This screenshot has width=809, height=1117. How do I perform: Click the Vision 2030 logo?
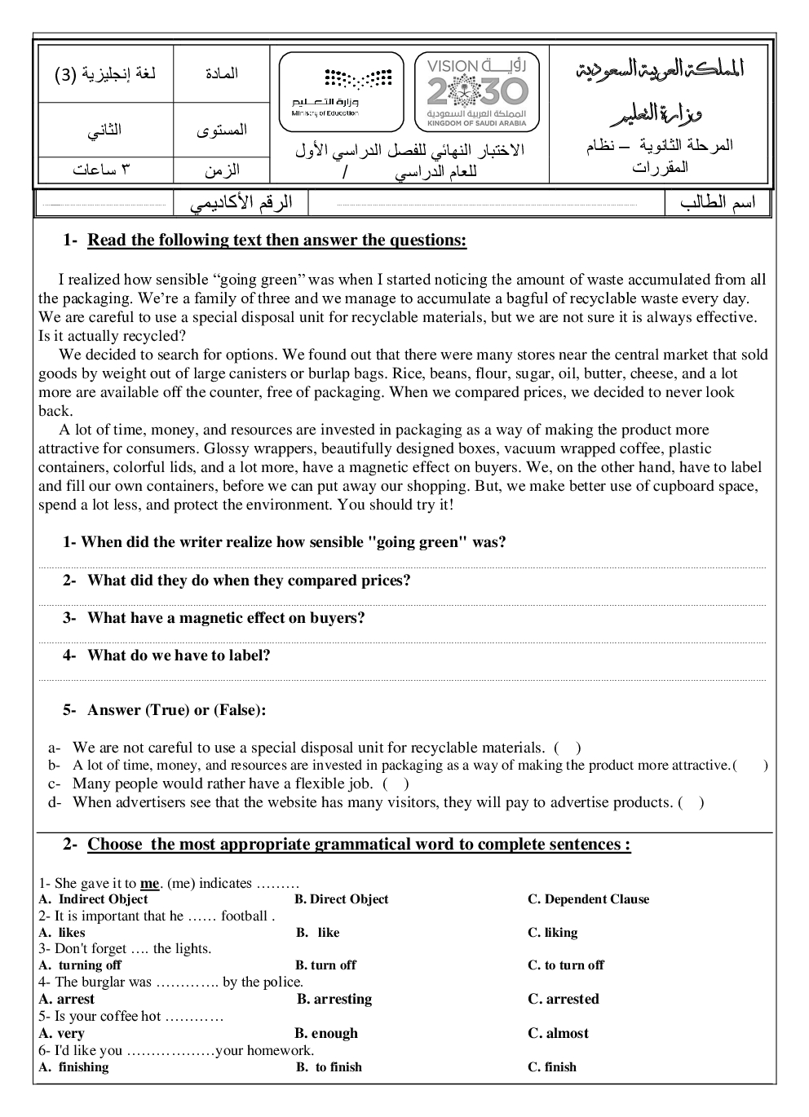[476, 91]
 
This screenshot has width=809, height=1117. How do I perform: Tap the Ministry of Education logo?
[341, 91]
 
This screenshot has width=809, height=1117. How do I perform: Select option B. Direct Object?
[342, 899]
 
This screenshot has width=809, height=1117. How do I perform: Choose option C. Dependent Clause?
[588, 899]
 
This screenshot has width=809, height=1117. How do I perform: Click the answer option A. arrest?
[67, 999]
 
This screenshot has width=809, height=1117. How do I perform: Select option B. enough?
[326, 1033]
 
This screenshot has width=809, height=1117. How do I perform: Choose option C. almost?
[558, 1033]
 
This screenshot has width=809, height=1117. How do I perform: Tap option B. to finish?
[329, 1067]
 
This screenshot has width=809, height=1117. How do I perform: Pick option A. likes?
[62, 933]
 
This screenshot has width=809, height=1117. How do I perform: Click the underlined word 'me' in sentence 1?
[149, 884]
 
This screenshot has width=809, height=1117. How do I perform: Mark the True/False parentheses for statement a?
[568, 748]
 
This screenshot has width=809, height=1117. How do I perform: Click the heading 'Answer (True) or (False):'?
[176, 710]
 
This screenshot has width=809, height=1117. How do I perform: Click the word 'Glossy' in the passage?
[225, 448]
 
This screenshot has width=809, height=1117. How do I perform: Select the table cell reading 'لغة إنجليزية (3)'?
[105, 74]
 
